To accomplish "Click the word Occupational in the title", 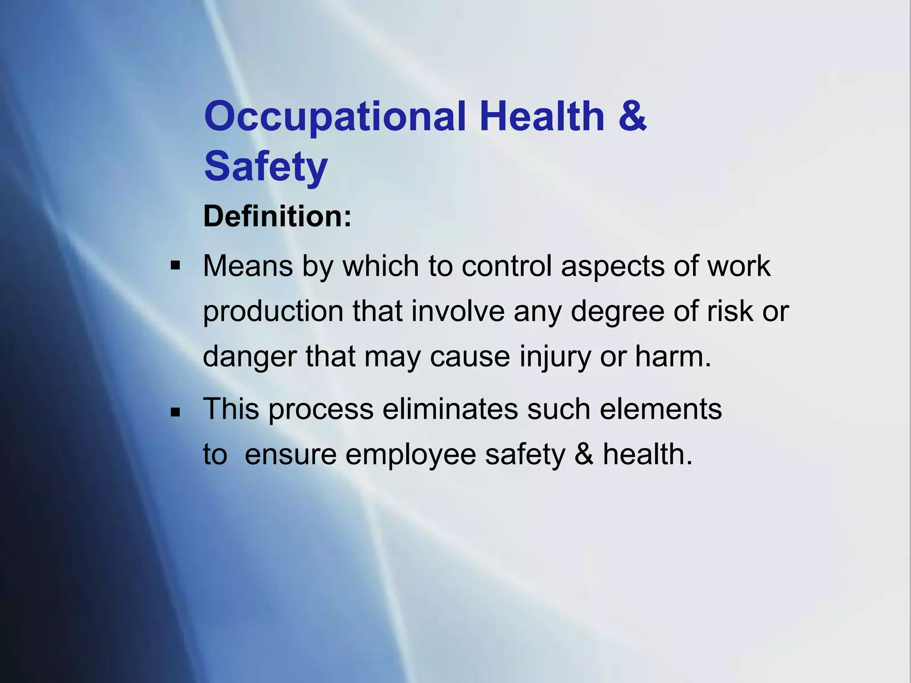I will click(x=335, y=117).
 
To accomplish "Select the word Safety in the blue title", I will click(x=266, y=167).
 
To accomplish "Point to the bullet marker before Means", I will click(x=175, y=266).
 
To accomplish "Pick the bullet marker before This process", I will click(x=175, y=412).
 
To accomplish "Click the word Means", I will click(x=248, y=266).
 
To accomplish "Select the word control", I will click(x=507, y=266).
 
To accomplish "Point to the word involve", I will click(x=458, y=311).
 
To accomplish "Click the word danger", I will click(x=250, y=358).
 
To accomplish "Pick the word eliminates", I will click(x=450, y=409).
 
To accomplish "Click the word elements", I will click(x=661, y=409).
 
